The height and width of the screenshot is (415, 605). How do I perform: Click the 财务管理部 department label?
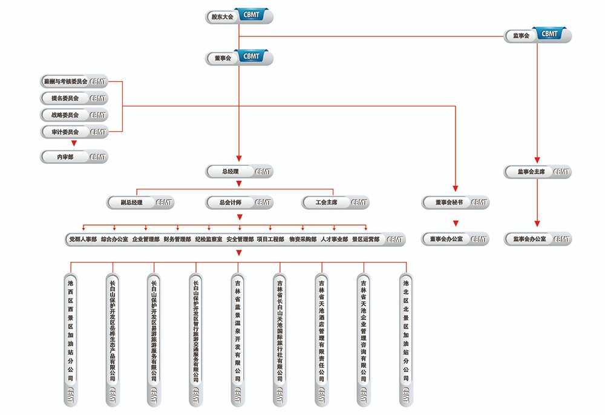(x=177, y=240)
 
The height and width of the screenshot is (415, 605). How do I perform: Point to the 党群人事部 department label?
(x=83, y=240)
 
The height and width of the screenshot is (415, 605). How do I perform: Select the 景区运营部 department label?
(x=366, y=240)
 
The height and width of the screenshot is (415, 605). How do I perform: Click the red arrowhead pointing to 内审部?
(x=74, y=144)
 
